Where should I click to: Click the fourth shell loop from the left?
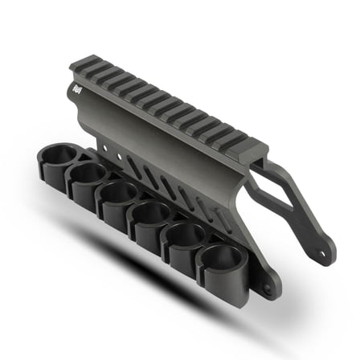[150, 215]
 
